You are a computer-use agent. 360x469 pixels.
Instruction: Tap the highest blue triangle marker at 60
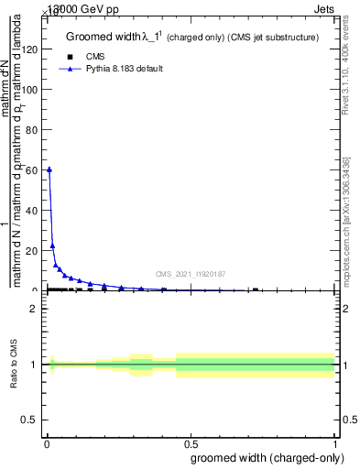pos(49,169)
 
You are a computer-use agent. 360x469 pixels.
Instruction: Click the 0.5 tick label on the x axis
pos(191,443)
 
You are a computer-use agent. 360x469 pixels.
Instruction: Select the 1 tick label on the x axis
pos(335,443)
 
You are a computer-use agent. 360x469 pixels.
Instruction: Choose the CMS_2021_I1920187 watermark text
pos(191,273)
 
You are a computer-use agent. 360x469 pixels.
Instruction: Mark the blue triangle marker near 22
pos(52,245)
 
